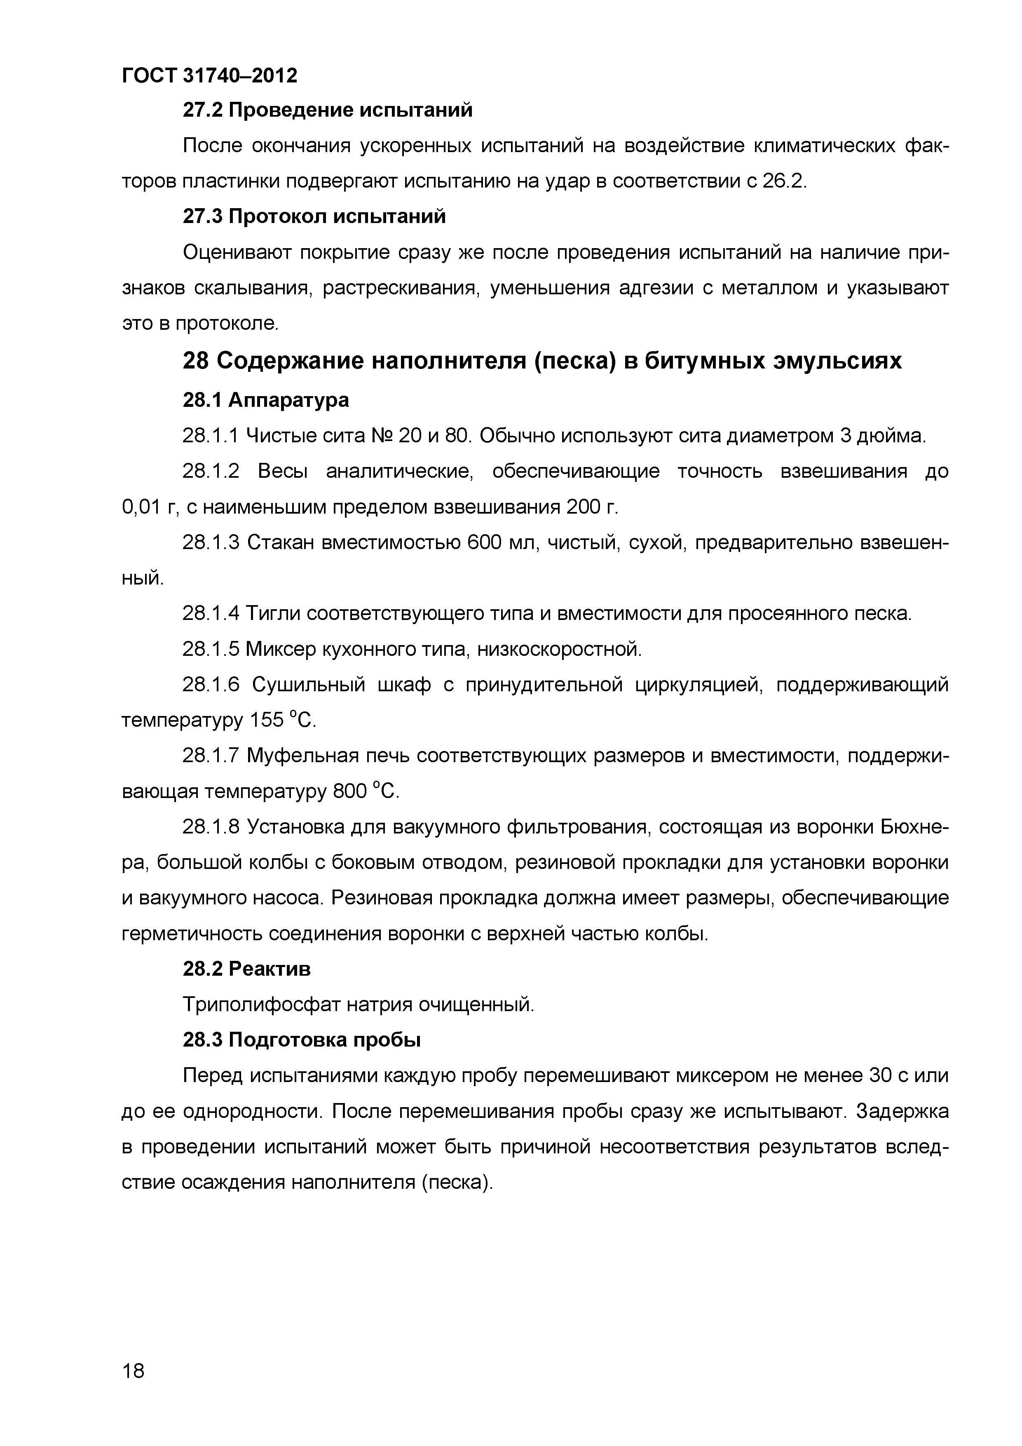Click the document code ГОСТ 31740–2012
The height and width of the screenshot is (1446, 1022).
click(209, 75)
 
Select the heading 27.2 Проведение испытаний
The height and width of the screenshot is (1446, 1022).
click(327, 110)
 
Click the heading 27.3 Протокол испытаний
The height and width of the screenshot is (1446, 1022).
click(314, 216)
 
